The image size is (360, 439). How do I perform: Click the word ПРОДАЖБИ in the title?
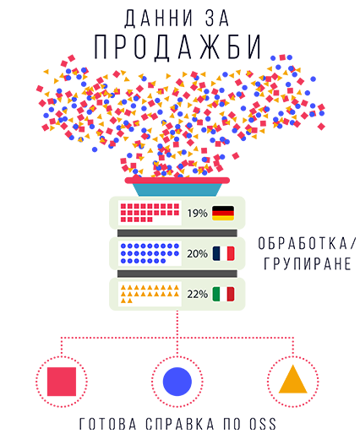[x=177, y=46]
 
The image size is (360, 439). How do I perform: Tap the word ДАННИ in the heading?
[x=159, y=19]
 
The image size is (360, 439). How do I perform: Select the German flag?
[x=223, y=213]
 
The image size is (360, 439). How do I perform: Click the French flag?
[x=223, y=253]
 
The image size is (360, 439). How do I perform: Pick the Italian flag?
[x=223, y=294]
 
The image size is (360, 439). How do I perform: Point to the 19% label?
[x=197, y=214]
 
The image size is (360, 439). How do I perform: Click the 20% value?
[x=197, y=254]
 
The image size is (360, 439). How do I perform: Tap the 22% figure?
[x=197, y=295]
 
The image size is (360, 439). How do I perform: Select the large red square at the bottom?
[x=62, y=382]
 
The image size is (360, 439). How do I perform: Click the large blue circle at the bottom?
[x=177, y=382]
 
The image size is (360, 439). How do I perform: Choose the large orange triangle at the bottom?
[x=293, y=380]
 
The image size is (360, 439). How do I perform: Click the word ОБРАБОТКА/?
[x=307, y=243]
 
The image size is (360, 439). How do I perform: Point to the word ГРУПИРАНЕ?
[x=308, y=263]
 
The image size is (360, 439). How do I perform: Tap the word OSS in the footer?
[x=263, y=424]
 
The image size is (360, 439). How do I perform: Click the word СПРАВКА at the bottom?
[x=180, y=424]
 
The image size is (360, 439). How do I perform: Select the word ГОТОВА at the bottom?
[x=108, y=424]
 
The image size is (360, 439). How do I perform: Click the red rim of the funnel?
[x=177, y=181]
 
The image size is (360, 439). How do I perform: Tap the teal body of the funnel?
[x=177, y=190]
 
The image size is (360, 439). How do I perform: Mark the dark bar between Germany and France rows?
[x=177, y=233]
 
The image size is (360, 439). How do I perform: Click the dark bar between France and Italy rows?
[x=177, y=274]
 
